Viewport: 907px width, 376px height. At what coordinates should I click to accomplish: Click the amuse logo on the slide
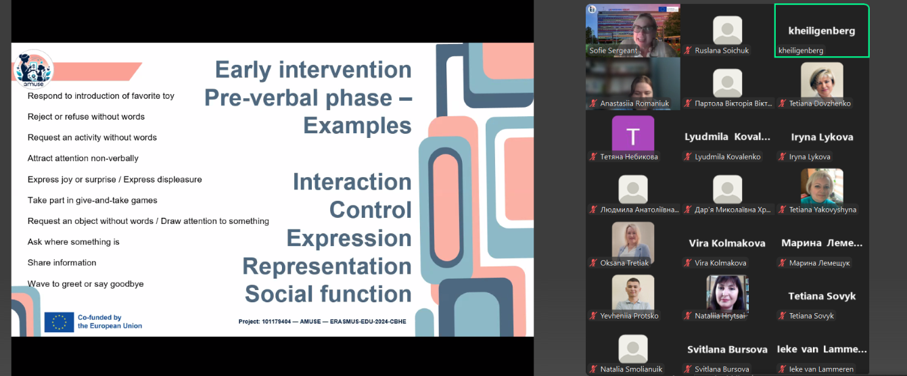(33, 69)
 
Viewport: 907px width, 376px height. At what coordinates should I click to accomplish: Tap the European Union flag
(59, 322)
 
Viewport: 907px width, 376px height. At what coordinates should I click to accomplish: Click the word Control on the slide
(370, 210)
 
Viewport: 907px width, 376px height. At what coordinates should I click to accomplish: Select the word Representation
(327, 266)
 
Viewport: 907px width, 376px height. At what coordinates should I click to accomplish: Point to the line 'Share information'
(62, 262)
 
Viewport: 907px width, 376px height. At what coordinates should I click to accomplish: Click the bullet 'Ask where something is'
(73, 241)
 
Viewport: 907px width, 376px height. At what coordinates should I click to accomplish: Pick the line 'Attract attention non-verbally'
(83, 158)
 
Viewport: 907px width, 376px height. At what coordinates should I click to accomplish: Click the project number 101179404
(276, 321)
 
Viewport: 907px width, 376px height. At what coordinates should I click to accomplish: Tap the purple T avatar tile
(633, 134)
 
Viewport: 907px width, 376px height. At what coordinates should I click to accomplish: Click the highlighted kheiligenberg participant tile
(822, 30)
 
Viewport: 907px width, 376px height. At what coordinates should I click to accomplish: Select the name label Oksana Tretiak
(624, 262)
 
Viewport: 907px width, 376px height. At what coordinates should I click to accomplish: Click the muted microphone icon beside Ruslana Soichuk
(688, 51)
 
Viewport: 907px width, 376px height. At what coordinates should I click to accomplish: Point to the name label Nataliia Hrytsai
(720, 316)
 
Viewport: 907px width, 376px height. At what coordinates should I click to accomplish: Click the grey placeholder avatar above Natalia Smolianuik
(633, 348)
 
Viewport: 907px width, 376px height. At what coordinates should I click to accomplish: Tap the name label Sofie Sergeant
(613, 51)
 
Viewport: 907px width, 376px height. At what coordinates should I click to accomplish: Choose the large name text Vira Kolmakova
(727, 243)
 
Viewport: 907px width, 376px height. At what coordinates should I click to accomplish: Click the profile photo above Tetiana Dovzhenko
(822, 80)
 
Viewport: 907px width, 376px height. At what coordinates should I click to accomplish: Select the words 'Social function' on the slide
(328, 294)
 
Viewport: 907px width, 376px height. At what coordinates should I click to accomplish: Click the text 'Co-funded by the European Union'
(110, 322)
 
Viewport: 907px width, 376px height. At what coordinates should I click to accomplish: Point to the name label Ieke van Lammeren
(821, 369)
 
